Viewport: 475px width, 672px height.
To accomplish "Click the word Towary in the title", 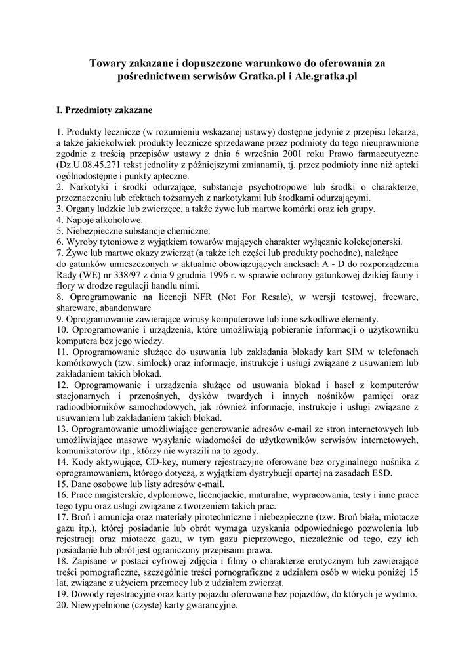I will click(x=109, y=64).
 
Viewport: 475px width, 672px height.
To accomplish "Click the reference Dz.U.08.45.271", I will click(x=94, y=164).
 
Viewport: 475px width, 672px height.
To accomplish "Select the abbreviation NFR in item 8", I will click(x=203, y=297).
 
